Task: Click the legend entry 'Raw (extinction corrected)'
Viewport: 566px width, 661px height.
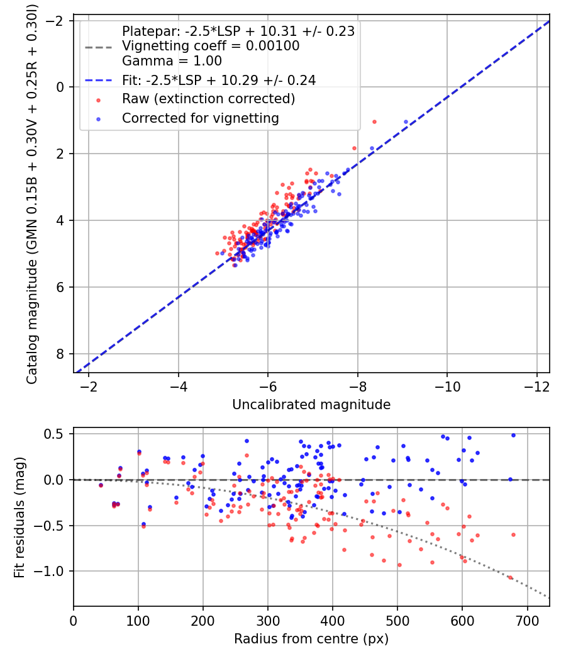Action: pyautogui.click(x=208, y=99)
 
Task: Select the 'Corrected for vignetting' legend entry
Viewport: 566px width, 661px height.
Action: pyautogui.click(x=201, y=118)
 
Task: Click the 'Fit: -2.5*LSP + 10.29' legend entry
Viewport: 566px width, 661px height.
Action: pyautogui.click(x=219, y=80)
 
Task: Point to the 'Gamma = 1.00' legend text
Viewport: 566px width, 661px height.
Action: pyautogui.click(x=172, y=61)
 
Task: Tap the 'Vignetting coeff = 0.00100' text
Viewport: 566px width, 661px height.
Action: pyautogui.click(x=211, y=46)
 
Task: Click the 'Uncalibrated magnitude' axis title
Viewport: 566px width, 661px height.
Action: pyautogui.click(x=311, y=405)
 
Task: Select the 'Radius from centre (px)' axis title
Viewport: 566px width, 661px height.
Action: pyautogui.click(x=311, y=639)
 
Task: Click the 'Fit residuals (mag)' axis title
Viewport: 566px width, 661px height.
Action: pyautogui.click(x=19, y=516)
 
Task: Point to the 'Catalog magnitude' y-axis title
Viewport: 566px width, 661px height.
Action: pyautogui.click(x=31, y=195)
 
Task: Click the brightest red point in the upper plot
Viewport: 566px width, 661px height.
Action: pyautogui.click(x=374, y=121)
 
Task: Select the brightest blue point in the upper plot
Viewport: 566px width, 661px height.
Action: pyautogui.click(x=406, y=121)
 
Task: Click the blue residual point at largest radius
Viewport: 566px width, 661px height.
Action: pyautogui.click(x=513, y=435)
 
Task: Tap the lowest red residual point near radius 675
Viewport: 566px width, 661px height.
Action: pyautogui.click(x=510, y=577)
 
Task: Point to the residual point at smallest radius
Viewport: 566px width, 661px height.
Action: pyautogui.click(x=101, y=485)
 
